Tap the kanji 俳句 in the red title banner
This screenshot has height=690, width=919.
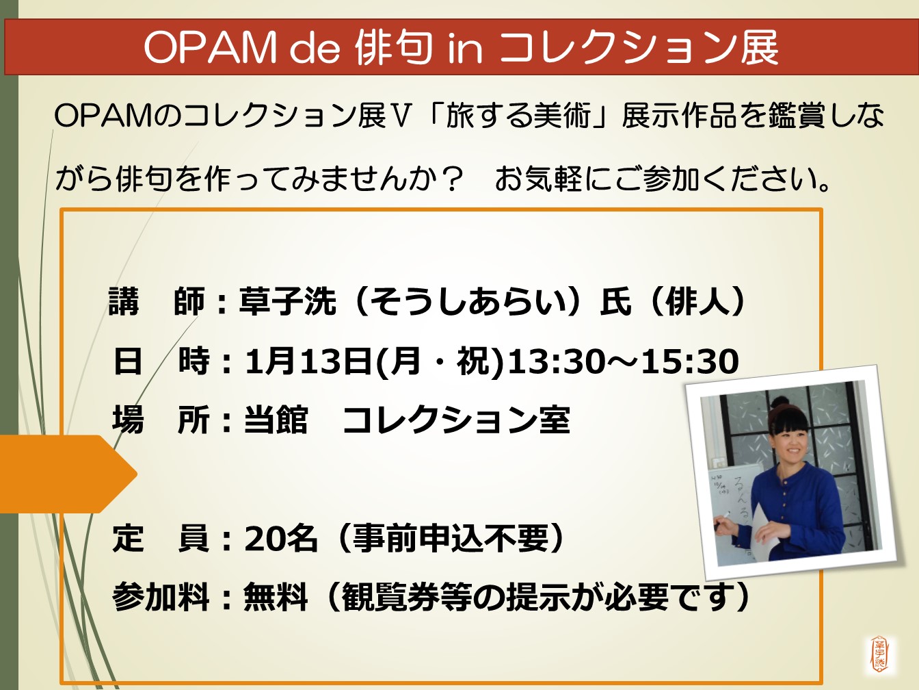[x=393, y=47]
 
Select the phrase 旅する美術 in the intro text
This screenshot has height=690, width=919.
[x=518, y=116]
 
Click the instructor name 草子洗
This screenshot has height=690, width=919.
[x=288, y=301]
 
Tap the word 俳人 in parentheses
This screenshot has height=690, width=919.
[x=695, y=301]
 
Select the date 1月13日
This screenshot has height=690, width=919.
[x=308, y=361]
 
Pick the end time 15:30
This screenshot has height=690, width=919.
[x=689, y=361]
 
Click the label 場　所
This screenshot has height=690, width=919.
[x=161, y=420]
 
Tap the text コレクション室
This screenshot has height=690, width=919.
[x=456, y=420]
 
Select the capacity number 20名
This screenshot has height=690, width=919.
[x=280, y=538]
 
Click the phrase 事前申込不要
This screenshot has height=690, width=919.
[x=451, y=538]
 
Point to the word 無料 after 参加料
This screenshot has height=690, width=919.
[x=276, y=597]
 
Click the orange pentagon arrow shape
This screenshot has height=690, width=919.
[x=67, y=474]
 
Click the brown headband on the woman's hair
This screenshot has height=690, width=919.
[x=784, y=413]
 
